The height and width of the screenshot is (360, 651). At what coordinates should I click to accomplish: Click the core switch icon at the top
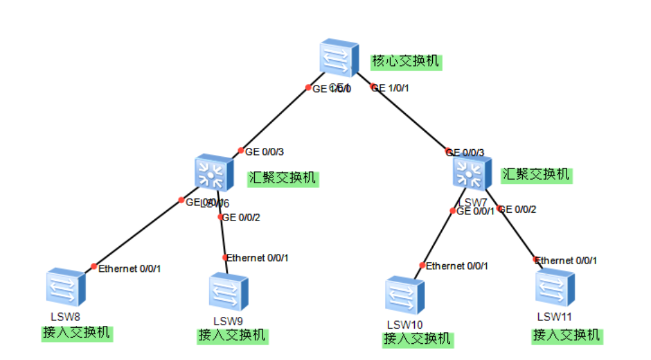(339, 59)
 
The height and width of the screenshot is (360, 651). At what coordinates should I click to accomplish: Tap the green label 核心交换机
(406, 61)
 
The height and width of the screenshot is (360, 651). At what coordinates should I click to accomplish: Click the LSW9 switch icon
(228, 292)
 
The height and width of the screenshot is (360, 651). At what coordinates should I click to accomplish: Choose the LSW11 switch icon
(555, 289)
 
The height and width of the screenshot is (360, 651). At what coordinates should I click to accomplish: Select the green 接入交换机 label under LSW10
(417, 339)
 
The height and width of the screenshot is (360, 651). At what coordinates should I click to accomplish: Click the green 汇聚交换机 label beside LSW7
(536, 174)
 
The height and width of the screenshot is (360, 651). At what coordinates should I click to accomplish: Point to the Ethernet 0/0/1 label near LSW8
(129, 269)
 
